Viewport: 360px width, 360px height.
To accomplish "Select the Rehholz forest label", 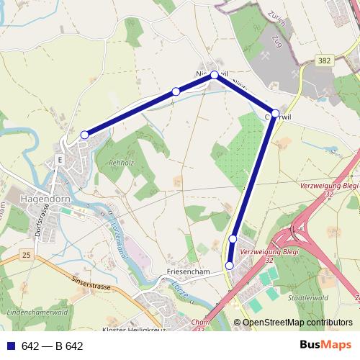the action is click(120, 163).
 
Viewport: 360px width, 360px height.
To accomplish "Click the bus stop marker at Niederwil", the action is click(214, 74).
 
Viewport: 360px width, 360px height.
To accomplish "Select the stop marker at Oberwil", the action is click(275, 113).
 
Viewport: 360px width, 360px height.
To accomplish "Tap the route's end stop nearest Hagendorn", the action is click(84, 135).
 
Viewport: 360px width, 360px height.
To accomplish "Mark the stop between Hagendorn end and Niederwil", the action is click(176, 91).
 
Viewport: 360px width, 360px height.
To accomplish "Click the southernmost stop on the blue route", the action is click(230, 266).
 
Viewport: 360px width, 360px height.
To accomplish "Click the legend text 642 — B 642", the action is click(52, 346).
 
